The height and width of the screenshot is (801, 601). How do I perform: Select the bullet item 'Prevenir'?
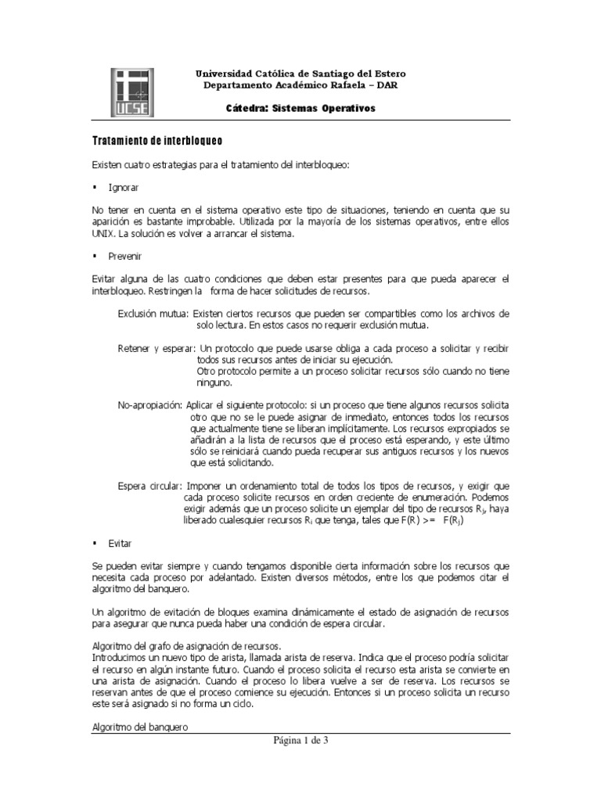[x=125, y=256]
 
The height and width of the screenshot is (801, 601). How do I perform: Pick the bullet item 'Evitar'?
[x=121, y=542]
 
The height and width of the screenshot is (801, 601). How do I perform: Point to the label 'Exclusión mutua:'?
[x=153, y=313]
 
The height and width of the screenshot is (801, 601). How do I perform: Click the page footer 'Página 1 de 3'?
[x=300, y=741]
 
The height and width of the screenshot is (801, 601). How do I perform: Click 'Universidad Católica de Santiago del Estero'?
[x=300, y=74]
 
